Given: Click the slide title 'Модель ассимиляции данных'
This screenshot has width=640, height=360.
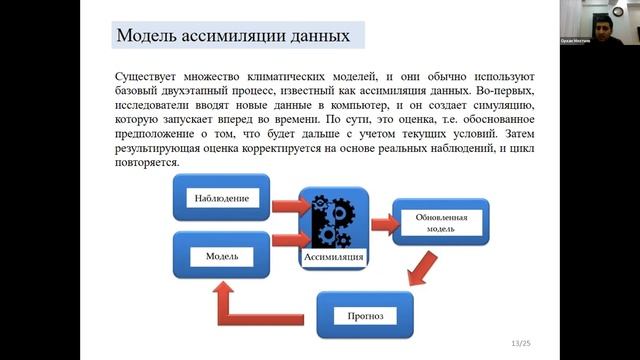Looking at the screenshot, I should (234, 37).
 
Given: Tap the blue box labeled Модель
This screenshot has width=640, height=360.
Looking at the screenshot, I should (221, 256).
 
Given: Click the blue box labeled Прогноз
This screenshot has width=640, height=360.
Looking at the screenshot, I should (366, 316).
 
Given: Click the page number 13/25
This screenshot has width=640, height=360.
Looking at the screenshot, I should (521, 343).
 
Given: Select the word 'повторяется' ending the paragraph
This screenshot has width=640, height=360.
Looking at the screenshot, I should (148, 162).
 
